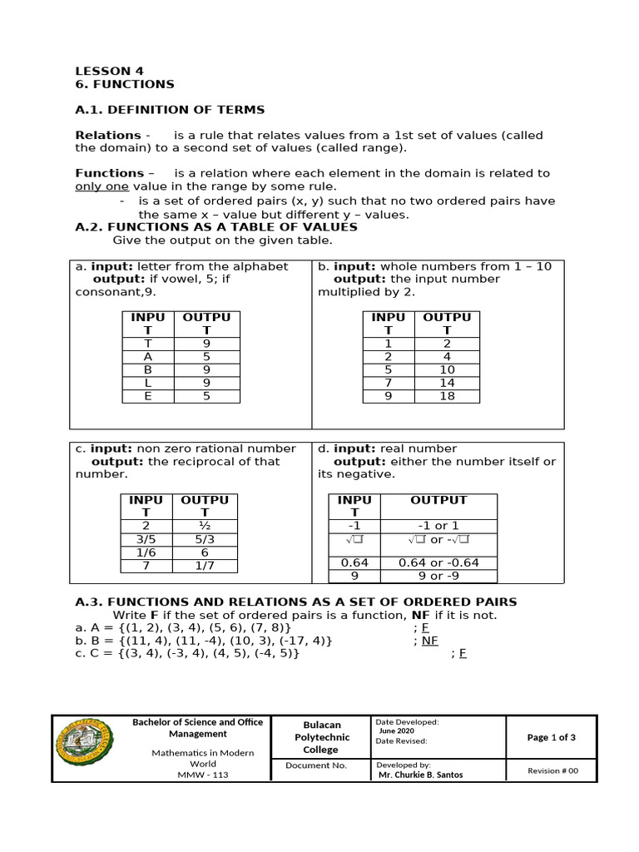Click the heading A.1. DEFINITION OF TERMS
[170, 109]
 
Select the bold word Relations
[108, 135]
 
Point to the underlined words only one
[101, 186]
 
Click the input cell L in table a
[147, 383]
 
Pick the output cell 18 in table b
[447, 396]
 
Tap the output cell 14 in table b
[447, 383]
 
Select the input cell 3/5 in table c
[146, 539]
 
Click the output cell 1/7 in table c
[205, 566]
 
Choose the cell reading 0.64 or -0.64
[438, 562]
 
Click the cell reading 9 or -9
[438, 576]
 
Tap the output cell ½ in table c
[205, 526]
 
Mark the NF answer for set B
[428, 641]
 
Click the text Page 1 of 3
[551, 737]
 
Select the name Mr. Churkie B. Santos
[421, 775]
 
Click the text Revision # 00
[552, 770]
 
